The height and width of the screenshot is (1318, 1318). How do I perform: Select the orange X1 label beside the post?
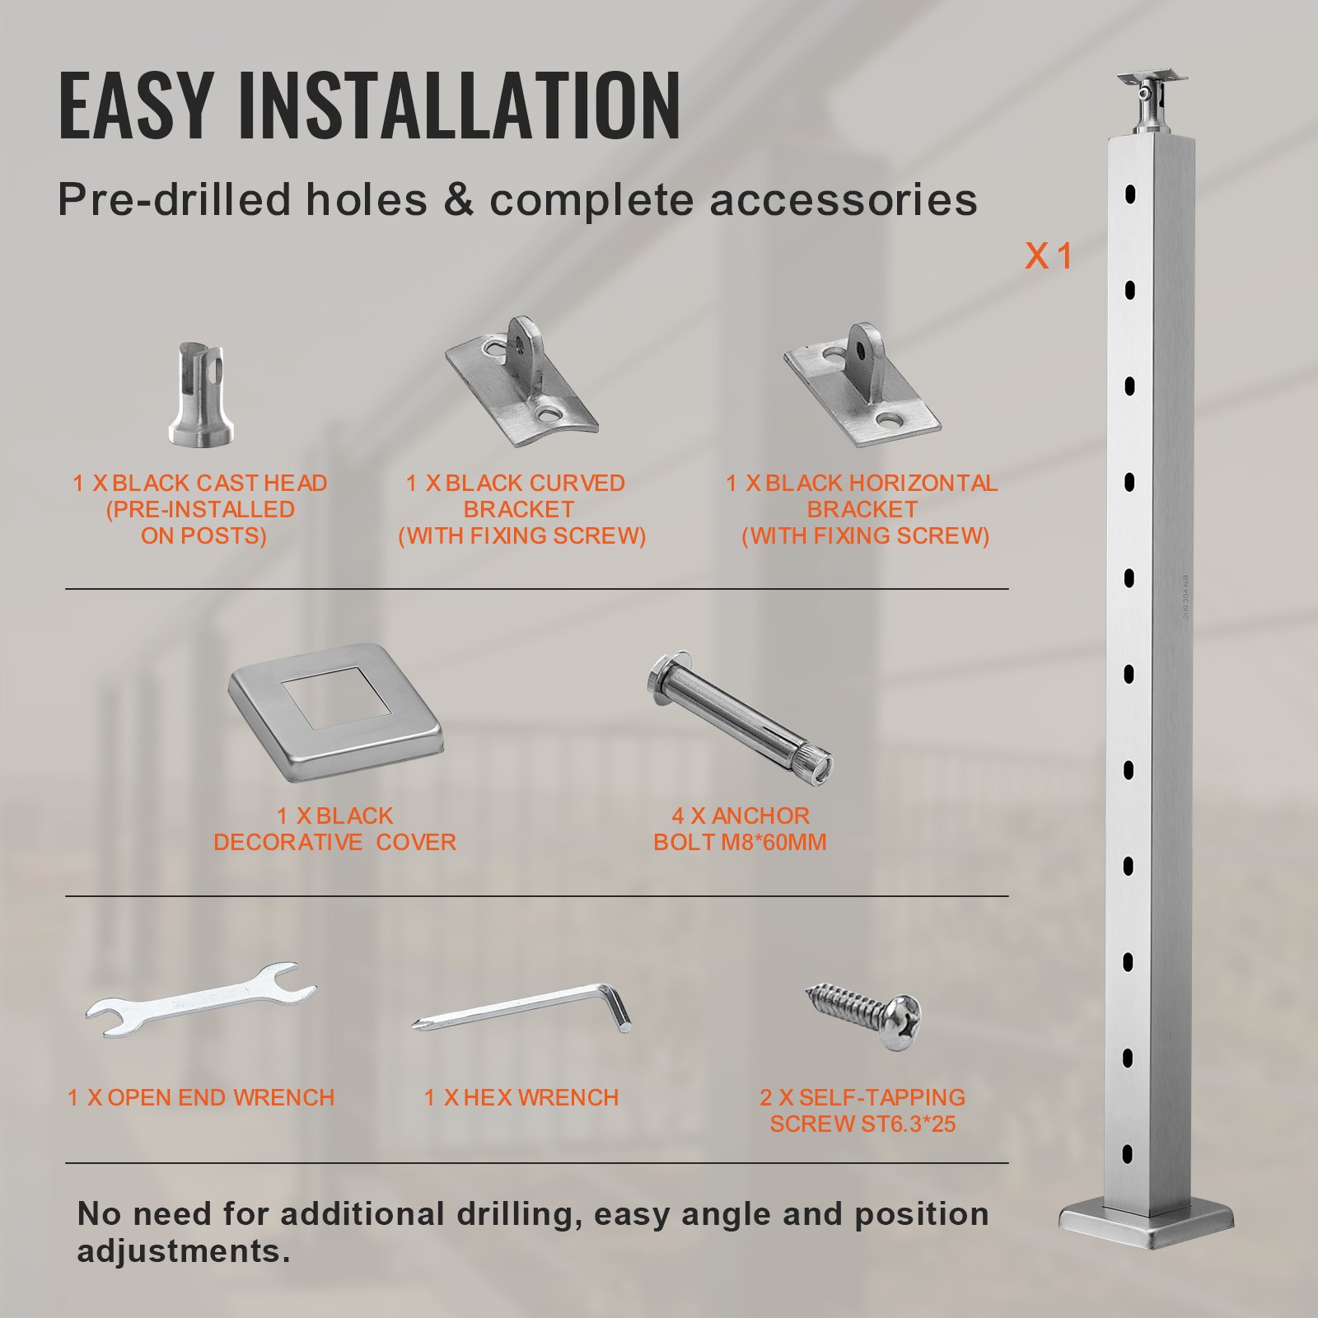(1048, 256)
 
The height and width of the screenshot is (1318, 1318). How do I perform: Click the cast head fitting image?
(201, 395)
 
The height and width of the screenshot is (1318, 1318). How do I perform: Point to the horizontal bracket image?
(862, 386)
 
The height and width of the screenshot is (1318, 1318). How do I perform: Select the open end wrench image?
(200, 999)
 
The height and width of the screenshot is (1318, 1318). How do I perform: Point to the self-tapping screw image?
(863, 1012)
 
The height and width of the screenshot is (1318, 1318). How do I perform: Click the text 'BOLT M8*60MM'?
(740, 843)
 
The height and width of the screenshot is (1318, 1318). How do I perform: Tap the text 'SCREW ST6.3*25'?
(862, 1124)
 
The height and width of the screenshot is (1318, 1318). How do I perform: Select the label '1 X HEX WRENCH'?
(521, 1098)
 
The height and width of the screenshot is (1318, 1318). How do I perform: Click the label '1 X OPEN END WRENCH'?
(200, 1098)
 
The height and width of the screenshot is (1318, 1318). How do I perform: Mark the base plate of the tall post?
(1147, 1223)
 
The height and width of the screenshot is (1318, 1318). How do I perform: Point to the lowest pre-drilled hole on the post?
(1128, 1154)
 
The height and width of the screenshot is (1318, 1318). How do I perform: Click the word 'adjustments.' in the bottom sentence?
(183, 1251)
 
